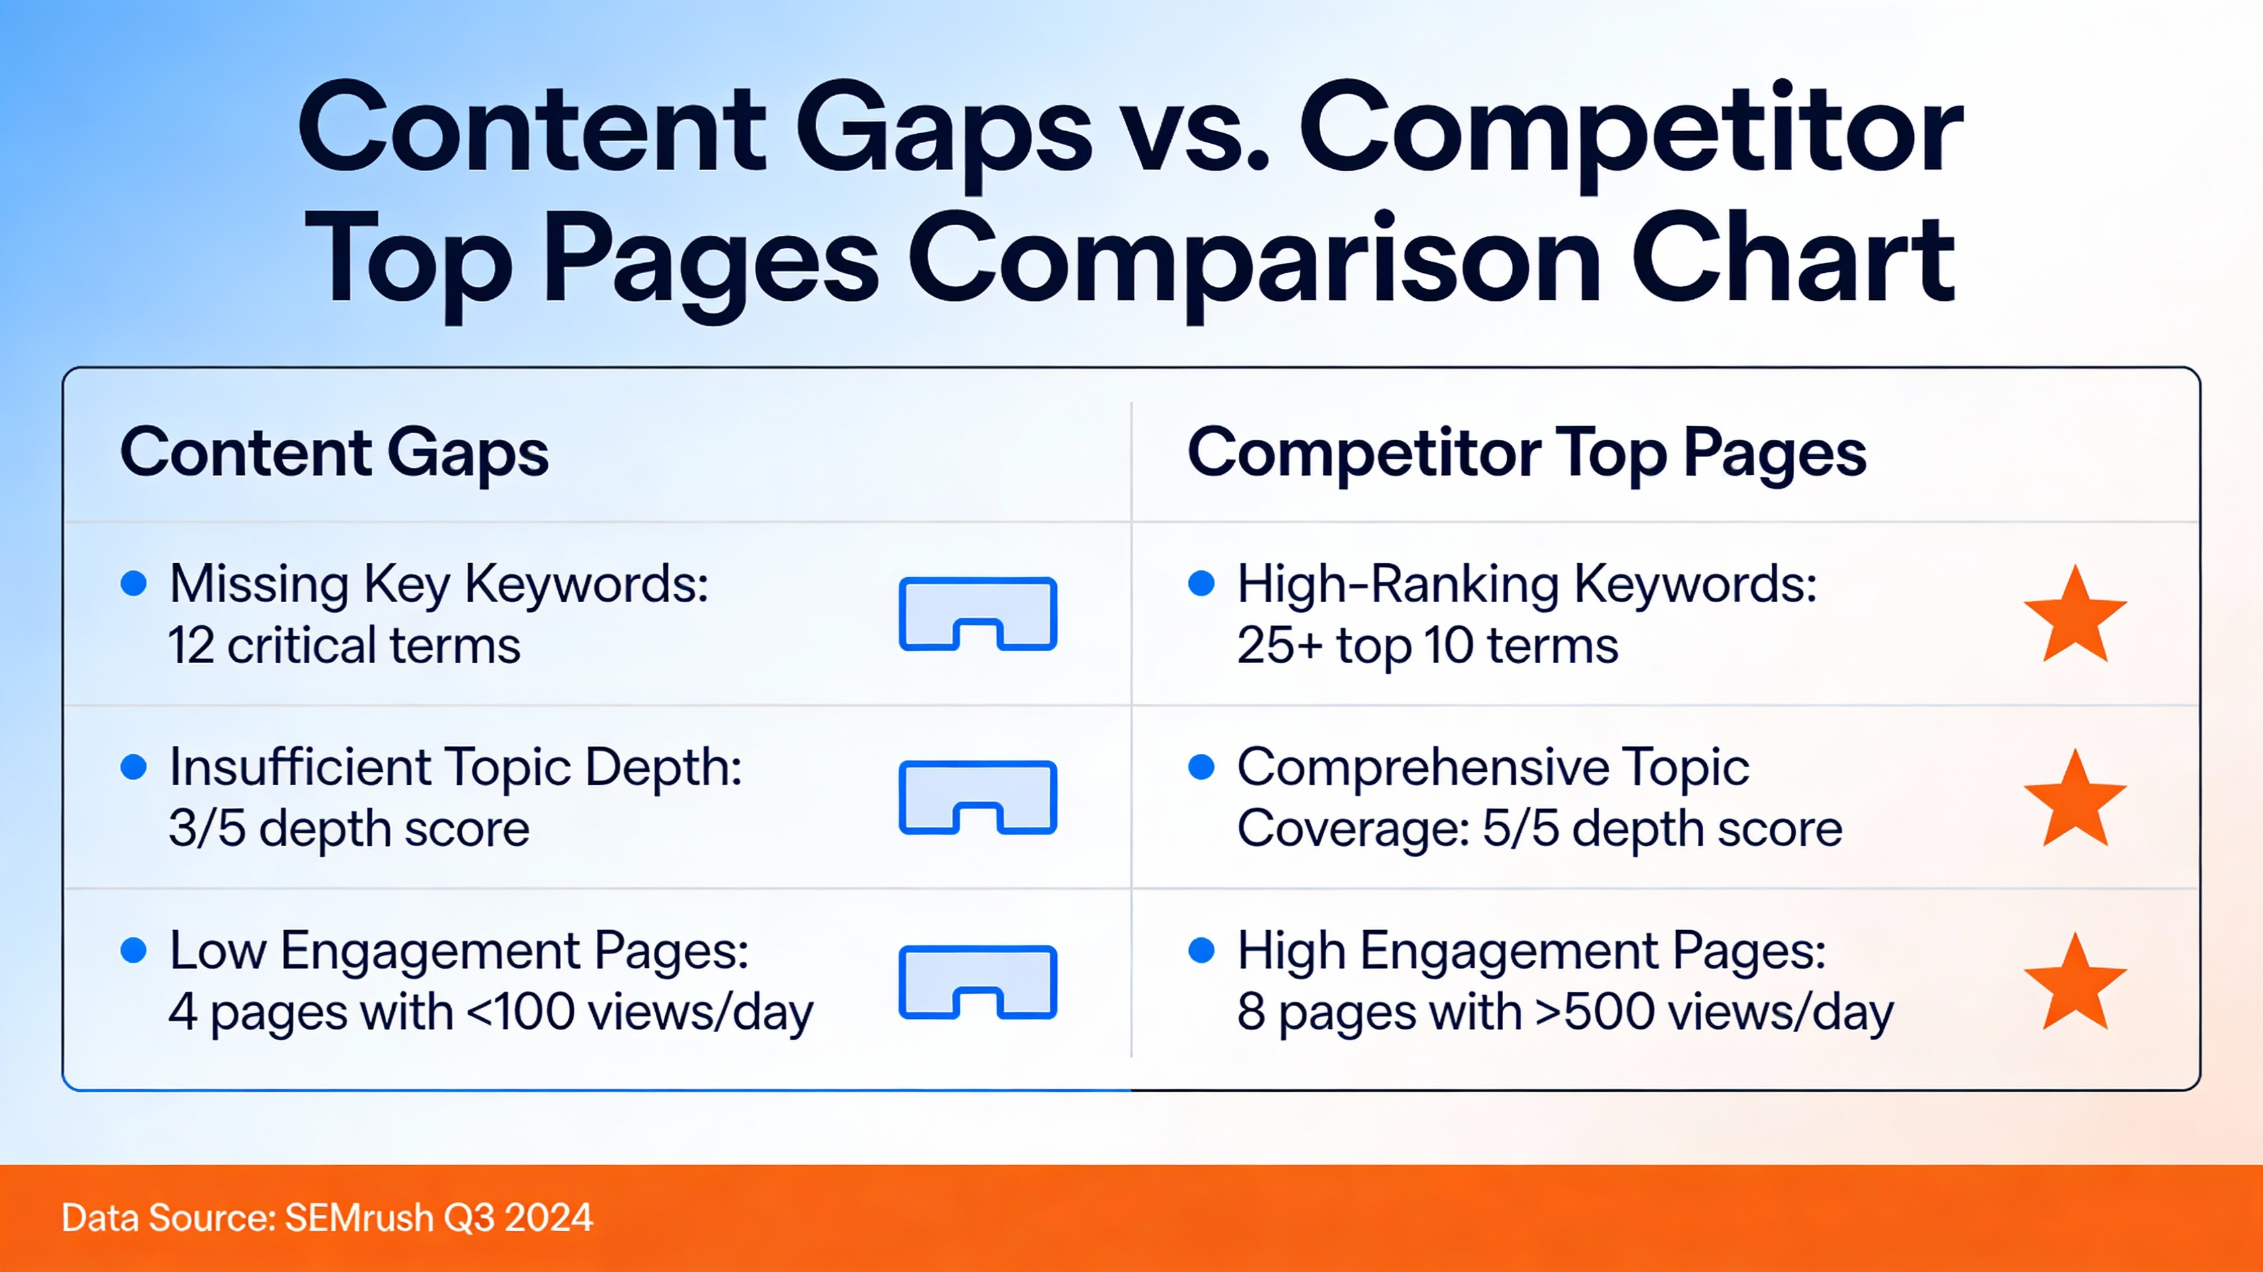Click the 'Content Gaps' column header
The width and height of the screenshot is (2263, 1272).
pos(334,453)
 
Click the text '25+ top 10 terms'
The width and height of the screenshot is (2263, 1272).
pos(1427,647)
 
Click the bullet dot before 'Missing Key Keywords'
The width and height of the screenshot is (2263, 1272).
pos(134,583)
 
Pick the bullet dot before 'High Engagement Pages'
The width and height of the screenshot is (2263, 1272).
pos(1201,951)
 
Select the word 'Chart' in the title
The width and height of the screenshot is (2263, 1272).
pos(1794,261)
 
